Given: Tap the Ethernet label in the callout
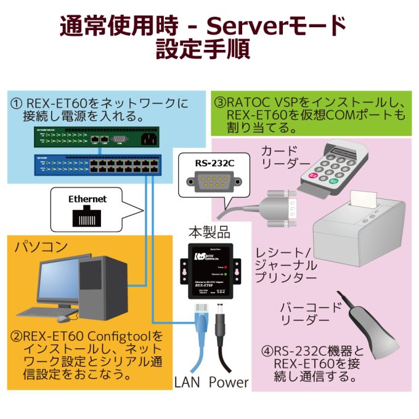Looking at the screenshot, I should coord(87,199).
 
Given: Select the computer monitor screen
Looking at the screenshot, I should coord(59,280).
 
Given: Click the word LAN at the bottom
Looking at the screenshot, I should coord(188,382).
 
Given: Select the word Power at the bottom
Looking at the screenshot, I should coord(229,382).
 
